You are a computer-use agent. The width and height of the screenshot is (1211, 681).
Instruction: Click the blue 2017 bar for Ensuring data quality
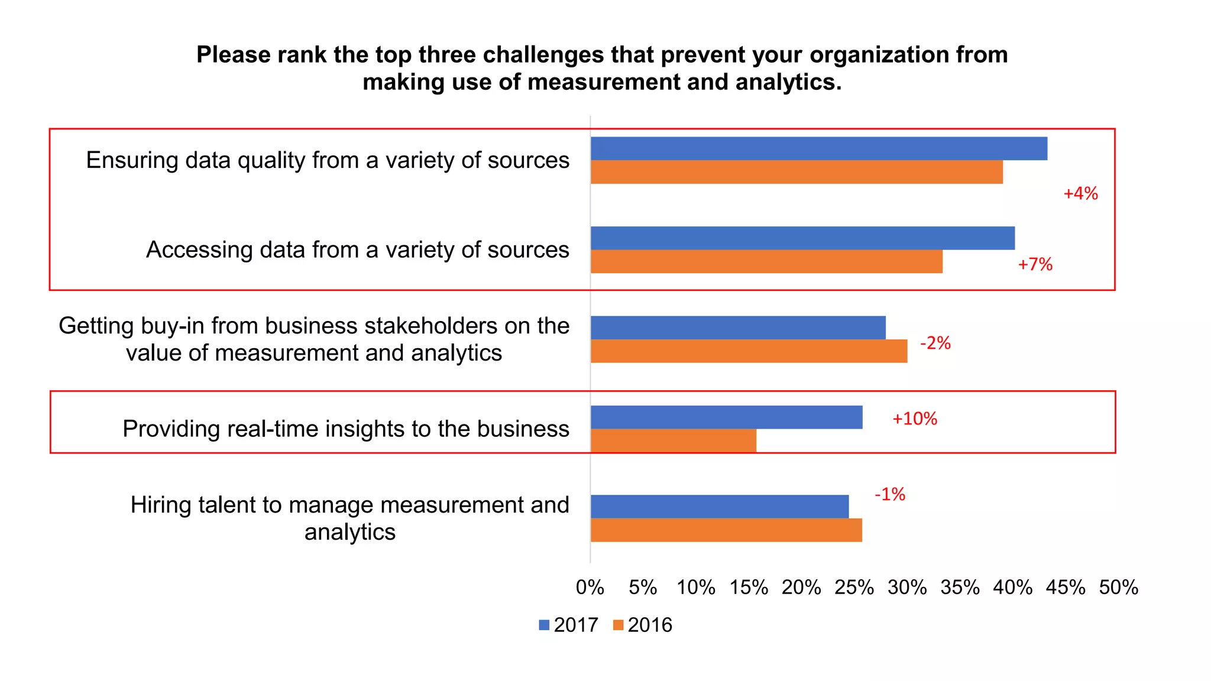(x=819, y=148)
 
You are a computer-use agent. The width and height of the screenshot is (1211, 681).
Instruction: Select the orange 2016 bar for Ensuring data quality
(x=796, y=172)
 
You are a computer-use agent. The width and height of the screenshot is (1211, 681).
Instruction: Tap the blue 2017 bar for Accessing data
(x=802, y=238)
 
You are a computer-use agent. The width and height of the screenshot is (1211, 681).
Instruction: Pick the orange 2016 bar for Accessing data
(x=766, y=261)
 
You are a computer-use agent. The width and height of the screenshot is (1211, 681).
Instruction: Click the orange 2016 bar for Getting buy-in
(x=749, y=351)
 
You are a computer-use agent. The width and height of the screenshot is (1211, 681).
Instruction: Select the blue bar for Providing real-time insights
(x=726, y=417)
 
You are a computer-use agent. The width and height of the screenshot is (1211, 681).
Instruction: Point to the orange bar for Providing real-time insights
(x=673, y=441)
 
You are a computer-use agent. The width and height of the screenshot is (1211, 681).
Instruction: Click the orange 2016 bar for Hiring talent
(x=726, y=530)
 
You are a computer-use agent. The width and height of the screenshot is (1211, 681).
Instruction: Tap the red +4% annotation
(x=1080, y=194)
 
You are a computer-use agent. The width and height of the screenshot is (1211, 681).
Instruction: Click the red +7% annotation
(x=1035, y=264)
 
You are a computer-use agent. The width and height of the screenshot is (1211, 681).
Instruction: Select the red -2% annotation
(x=935, y=343)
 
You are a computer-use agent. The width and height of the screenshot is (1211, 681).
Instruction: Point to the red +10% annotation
(x=914, y=419)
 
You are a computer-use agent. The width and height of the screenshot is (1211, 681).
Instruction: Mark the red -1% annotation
(x=890, y=494)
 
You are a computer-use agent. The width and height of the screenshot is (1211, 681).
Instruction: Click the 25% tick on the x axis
(x=854, y=588)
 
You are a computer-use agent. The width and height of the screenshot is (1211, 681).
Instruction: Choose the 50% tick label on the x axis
(x=1118, y=588)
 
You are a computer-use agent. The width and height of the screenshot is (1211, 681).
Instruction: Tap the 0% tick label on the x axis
(x=590, y=588)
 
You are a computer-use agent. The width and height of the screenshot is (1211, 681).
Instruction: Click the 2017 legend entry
(x=569, y=625)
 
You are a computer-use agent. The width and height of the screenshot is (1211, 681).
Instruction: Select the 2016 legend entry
(x=643, y=625)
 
